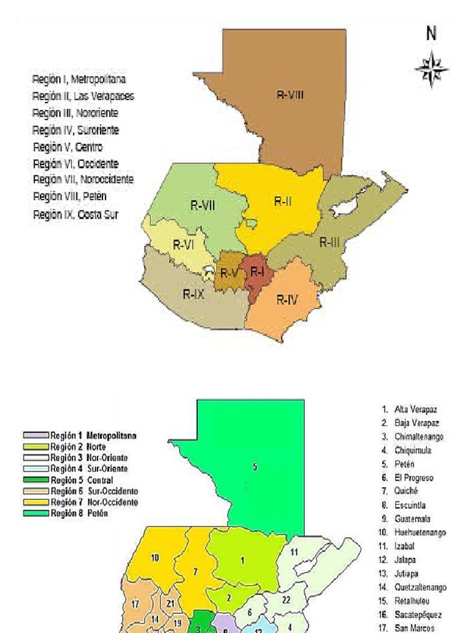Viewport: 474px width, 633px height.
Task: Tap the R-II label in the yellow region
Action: pos(283,201)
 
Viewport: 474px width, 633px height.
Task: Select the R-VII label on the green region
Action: pos(202,206)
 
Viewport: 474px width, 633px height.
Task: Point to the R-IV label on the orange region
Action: pos(287,300)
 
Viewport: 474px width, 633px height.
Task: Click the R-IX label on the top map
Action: pos(193,295)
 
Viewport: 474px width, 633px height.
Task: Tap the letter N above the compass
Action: pos(431,35)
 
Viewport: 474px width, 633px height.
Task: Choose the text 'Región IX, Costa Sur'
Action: pos(75,215)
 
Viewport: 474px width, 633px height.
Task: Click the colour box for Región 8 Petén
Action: pos(36,513)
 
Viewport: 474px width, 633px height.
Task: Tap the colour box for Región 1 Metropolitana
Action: pos(36,435)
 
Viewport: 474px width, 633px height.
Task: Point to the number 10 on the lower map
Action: pos(156,558)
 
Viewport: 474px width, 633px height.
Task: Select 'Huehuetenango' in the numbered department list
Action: pos(420,532)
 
